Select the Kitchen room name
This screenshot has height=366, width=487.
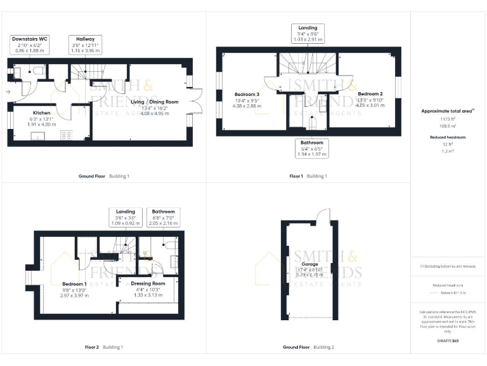pos(42,113)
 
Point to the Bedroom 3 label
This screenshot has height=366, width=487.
pos(247,93)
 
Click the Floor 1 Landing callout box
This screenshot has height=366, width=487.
pos(308,32)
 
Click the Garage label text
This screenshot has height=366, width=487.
pos(309,264)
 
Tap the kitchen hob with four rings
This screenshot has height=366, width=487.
pos(65,135)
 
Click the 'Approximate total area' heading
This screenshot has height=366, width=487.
pos(448,111)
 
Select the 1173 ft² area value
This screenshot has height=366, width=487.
pos(448,119)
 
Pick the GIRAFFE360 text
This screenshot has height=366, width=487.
pos(448,341)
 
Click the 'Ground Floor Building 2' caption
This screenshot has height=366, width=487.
pos(308,347)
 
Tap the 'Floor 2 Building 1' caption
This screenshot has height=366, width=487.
pos(104,347)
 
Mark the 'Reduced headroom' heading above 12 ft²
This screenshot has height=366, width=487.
pos(448,137)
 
